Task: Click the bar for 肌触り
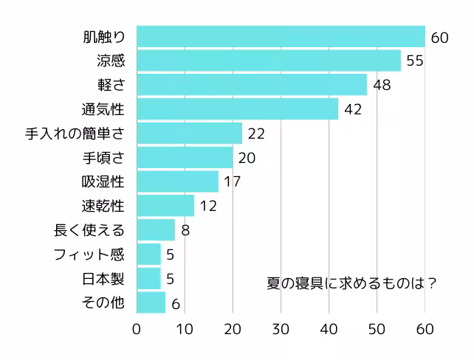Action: (281, 36)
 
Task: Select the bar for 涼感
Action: (269, 60)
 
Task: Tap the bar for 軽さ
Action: (252, 85)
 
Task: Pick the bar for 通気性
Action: (237, 109)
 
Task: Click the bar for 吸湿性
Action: (177, 181)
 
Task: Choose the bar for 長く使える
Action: (156, 230)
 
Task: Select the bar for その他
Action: (151, 302)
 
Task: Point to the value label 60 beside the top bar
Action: (440, 37)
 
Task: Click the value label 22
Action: (256, 134)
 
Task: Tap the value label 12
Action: (208, 206)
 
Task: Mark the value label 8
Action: (185, 230)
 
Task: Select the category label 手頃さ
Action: (103, 158)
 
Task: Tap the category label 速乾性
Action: (103, 206)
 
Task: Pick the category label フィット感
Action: (89, 255)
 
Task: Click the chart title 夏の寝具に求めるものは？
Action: (351, 283)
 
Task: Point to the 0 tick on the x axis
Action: (137, 328)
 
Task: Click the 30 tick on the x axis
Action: (281, 328)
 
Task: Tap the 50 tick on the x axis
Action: (377, 328)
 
